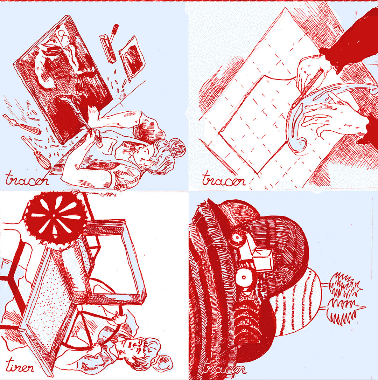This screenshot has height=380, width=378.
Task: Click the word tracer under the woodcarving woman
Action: pyautogui.click(x=27, y=179)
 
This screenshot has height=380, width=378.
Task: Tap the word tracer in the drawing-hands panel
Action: pyautogui.click(x=224, y=179)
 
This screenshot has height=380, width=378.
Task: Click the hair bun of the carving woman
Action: pyautogui.click(x=177, y=147)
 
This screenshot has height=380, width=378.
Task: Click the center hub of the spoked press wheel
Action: pyautogui.click(x=54, y=215)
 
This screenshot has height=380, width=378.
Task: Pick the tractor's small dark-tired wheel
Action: pyautogui.click(x=237, y=238)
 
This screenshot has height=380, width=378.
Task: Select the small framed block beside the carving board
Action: pyautogui.click(x=132, y=58)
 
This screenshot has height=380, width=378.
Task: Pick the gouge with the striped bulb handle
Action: pyautogui.click(x=36, y=152)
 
